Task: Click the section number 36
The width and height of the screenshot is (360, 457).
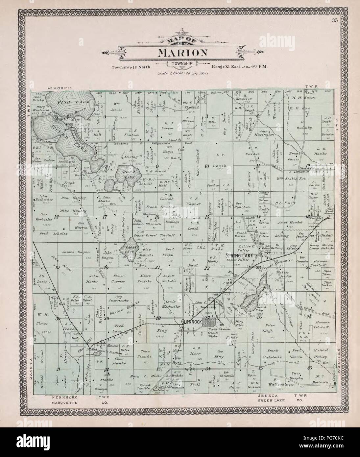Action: [x=309, y=368]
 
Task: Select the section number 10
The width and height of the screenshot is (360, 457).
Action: [x=206, y=166]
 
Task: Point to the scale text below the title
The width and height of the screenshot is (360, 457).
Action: [x=180, y=74]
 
